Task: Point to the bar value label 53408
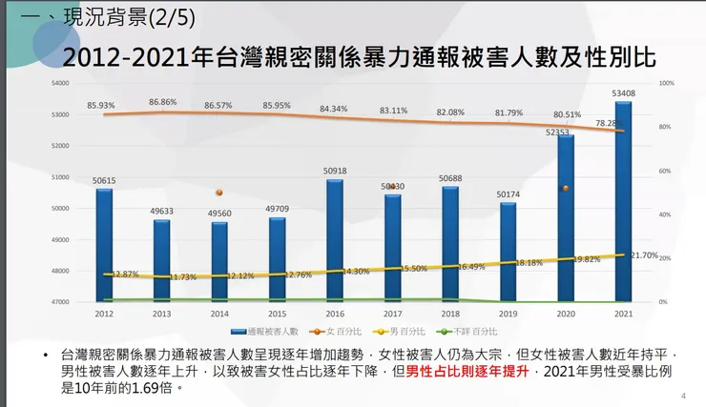[623, 93]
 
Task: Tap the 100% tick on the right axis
[667, 84]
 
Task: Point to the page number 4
[683, 396]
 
